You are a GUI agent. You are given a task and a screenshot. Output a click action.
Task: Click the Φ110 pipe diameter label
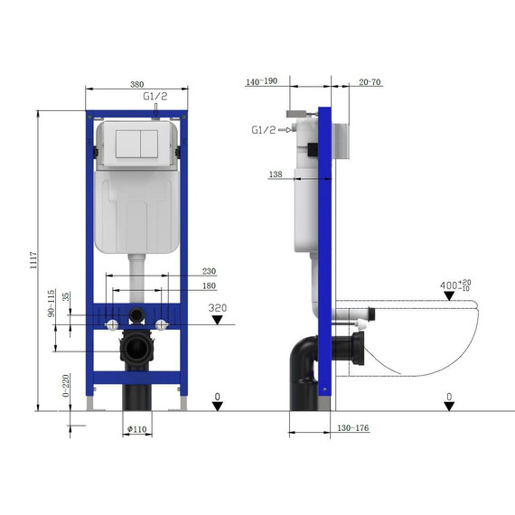[x=136, y=428]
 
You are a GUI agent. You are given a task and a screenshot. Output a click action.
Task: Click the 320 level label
[x=217, y=308]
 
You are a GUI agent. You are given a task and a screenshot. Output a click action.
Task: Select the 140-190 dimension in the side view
[x=261, y=81]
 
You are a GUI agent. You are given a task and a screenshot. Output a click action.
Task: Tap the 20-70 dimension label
[x=369, y=81]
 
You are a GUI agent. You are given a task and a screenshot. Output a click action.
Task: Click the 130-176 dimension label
[x=351, y=428]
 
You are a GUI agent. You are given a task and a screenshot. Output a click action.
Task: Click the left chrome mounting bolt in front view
[x=110, y=324]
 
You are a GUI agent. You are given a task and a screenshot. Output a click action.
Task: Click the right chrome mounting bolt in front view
[x=163, y=324]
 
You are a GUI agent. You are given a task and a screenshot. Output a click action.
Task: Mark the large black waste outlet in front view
[x=136, y=349]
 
